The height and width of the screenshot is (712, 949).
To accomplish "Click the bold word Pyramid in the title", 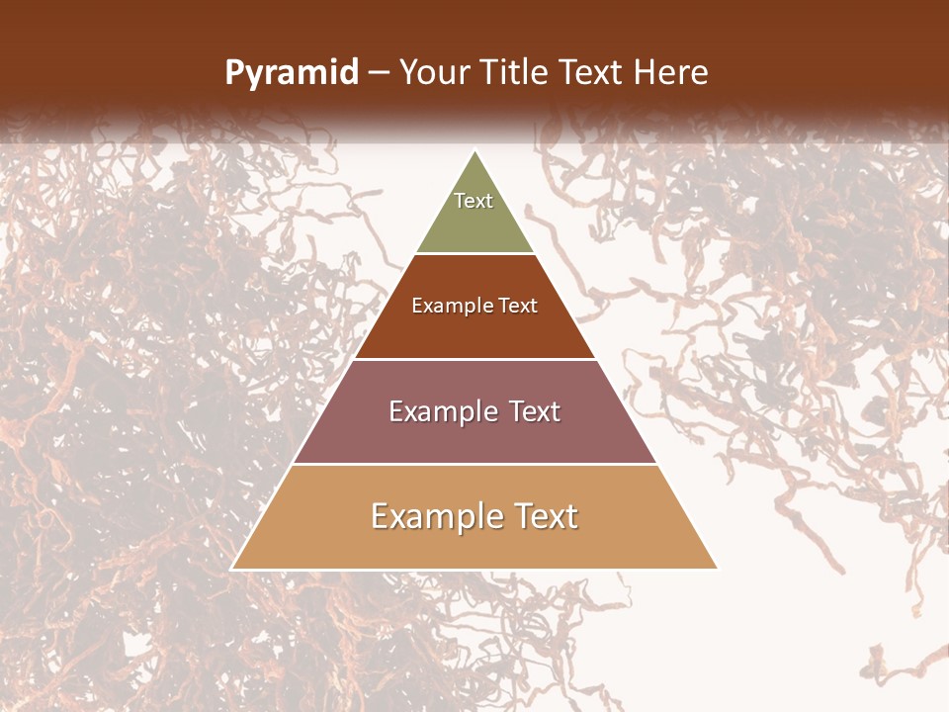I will click(292, 73).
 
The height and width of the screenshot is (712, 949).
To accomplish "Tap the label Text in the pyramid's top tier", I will click(474, 201).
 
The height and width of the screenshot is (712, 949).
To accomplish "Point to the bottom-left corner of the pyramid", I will click(232, 569).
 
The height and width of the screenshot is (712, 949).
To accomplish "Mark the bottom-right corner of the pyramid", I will click(717, 569).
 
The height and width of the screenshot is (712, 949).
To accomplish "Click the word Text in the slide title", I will click(591, 73).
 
